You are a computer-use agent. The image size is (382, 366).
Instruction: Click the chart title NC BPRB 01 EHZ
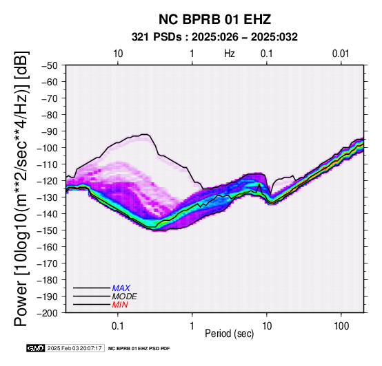214,19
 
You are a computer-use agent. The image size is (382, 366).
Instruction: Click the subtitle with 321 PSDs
214,37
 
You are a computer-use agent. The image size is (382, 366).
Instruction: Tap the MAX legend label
121,288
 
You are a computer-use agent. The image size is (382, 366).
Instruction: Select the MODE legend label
125,297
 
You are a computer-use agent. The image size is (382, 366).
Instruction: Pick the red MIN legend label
120,305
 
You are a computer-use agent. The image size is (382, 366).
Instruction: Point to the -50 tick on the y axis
50,65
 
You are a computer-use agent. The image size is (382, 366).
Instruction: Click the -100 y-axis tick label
48,148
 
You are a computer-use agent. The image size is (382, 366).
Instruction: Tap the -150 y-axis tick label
48,230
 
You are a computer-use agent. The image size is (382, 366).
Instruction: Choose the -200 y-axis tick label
48,313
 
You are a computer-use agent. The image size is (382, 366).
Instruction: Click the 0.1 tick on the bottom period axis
118,326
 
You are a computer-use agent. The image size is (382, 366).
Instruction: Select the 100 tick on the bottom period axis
341,326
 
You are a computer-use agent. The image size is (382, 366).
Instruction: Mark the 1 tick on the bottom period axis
192,326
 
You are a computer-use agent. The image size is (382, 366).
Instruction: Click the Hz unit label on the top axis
230,54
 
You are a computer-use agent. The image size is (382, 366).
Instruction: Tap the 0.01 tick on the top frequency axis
341,54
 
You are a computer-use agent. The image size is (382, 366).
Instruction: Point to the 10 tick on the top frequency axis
118,54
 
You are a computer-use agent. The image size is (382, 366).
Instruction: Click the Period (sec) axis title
230,334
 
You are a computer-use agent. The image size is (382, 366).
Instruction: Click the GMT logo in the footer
36,348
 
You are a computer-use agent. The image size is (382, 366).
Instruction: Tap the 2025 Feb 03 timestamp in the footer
74,348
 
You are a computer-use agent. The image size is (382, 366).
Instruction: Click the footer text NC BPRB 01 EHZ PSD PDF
139,349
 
